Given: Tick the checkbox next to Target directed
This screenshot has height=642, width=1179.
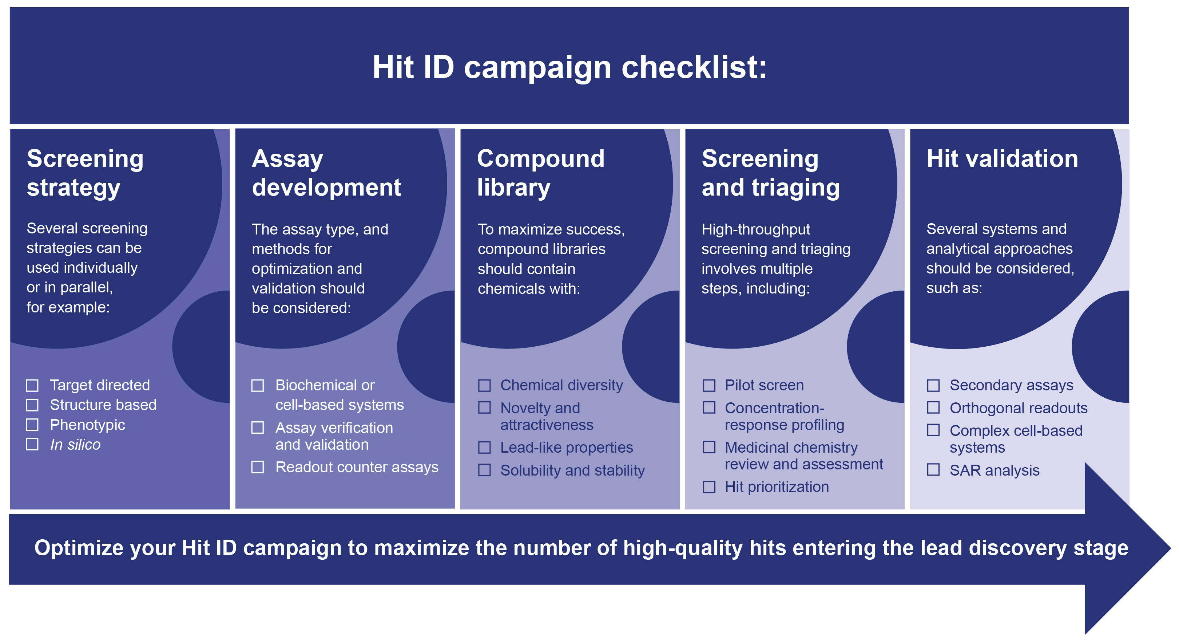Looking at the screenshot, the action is click(32, 386).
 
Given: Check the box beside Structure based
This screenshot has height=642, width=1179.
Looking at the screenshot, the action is click(32, 405).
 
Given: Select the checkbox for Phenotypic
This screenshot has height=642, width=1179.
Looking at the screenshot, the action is click(32, 425).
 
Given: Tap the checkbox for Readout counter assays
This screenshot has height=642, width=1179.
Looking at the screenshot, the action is click(258, 467).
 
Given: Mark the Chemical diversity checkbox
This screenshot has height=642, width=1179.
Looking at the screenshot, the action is click(484, 386).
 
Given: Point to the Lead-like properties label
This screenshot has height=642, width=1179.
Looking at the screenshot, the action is click(567, 448).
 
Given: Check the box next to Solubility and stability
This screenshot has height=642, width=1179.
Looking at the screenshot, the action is click(484, 470).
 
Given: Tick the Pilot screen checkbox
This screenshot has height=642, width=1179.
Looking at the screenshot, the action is click(709, 386).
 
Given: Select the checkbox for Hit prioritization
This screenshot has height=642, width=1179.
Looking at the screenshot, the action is click(709, 487).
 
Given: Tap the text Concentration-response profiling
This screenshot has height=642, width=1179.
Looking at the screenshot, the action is click(785, 416).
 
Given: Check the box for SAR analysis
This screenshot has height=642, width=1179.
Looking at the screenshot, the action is click(933, 470).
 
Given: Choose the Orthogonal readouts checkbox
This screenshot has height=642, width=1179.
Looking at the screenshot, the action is click(933, 407).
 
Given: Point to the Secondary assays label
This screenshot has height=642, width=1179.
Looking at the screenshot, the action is click(1012, 386).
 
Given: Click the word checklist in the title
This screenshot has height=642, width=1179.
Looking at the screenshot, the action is click(694, 67).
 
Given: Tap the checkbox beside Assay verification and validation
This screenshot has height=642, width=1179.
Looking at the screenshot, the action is click(258, 428).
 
